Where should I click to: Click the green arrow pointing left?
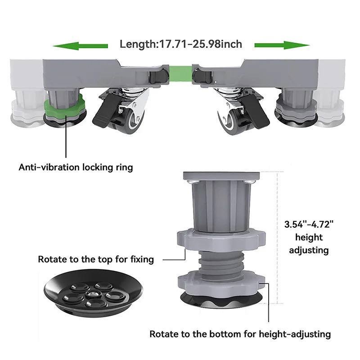pyautogui.click(x=80, y=46)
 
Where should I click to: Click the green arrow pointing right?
pyautogui.click(x=282, y=45)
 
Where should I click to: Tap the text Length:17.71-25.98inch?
pyautogui.click(x=181, y=44)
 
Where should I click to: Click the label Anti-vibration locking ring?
pyautogui.click(x=76, y=167)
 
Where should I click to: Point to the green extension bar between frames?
pyautogui.click(x=180, y=74)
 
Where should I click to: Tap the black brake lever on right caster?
pyautogui.click(x=255, y=110)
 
